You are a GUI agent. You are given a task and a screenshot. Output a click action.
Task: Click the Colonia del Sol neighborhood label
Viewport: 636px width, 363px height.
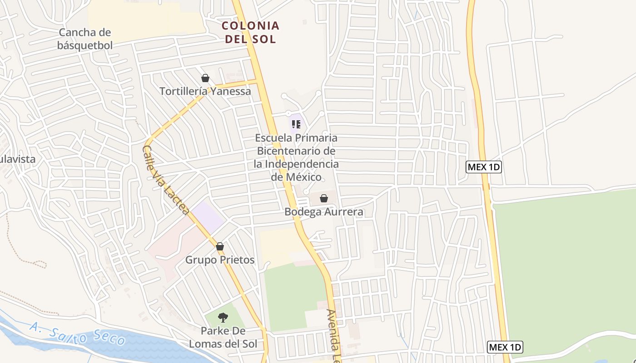[x=250, y=32]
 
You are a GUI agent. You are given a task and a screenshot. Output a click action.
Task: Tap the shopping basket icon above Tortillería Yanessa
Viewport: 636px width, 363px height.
[x=205, y=78]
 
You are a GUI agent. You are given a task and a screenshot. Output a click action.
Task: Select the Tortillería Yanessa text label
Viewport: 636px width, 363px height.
[x=205, y=91]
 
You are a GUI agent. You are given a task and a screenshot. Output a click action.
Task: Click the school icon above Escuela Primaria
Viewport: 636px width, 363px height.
[x=296, y=124]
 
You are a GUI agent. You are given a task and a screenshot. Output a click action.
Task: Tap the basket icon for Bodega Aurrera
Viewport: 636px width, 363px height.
[x=324, y=198]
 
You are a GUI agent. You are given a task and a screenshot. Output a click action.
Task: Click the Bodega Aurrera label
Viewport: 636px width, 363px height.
[x=324, y=212]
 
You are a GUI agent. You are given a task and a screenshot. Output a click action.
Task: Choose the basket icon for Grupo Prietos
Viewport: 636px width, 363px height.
[x=220, y=246]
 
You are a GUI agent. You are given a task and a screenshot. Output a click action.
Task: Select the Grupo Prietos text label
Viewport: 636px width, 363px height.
[x=220, y=260]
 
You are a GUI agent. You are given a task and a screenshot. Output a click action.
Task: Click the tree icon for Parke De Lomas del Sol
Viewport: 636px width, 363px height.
[x=223, y=317]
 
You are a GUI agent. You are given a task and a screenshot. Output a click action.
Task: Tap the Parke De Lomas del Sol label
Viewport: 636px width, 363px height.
[x=223, y=337]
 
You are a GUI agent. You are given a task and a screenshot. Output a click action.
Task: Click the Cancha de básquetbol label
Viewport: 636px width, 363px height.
[x=85, y=39]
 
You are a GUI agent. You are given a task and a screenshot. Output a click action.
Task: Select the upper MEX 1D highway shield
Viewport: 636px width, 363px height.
[x=484, y=167]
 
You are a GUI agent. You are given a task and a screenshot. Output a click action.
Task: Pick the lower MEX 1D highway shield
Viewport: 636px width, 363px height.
[x=505, y=348]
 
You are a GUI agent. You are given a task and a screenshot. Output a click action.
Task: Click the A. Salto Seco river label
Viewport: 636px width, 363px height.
[x=78, y=333]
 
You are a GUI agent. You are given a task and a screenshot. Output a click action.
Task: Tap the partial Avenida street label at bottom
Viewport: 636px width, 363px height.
[x=334, y=336]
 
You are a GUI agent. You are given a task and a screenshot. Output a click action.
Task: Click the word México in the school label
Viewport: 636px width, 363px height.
[x=296, y=177]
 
